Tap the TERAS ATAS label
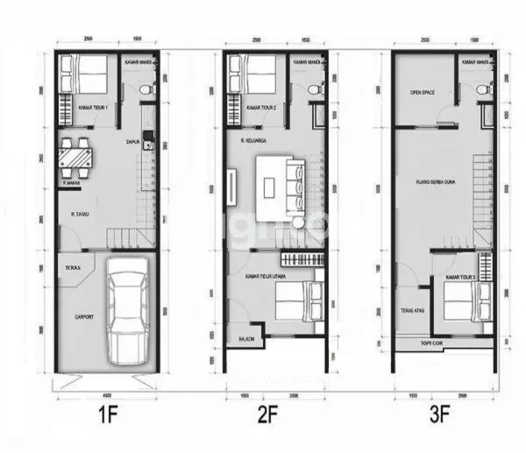pyautogui.click(x=414, y=309)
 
